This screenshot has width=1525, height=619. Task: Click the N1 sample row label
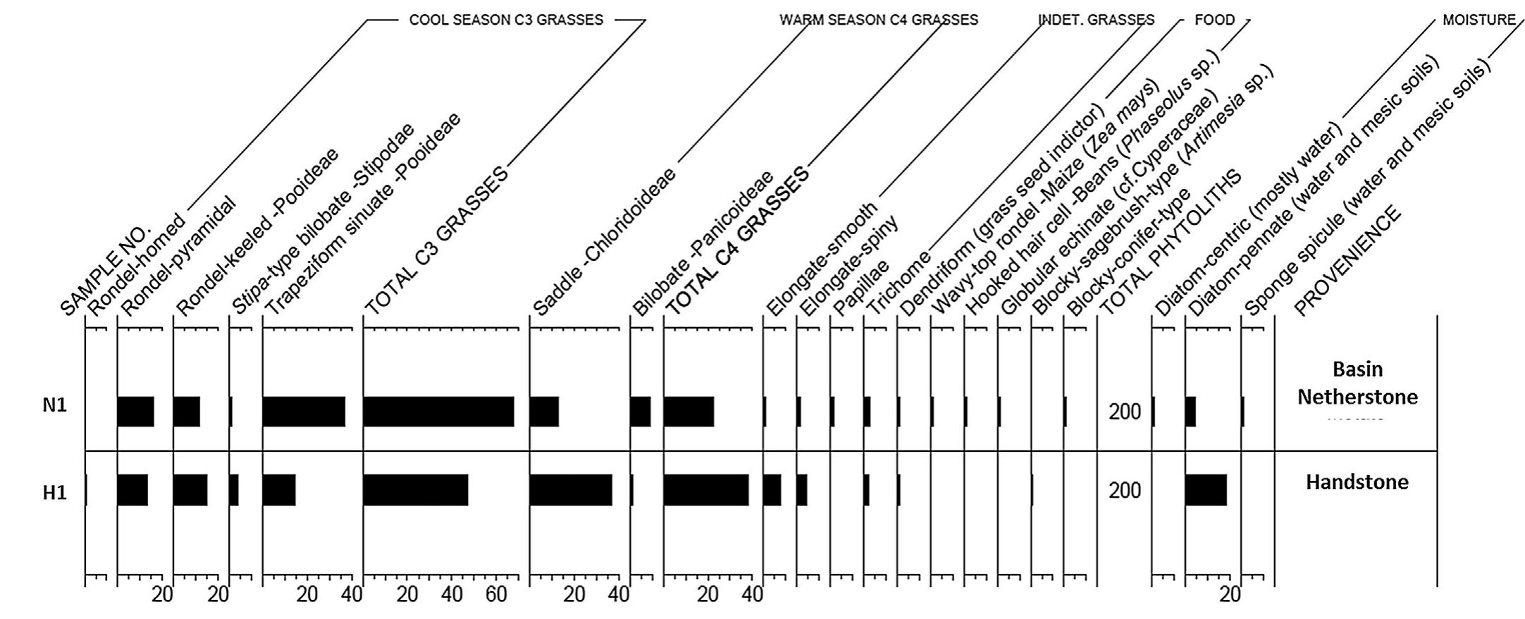(54, 406)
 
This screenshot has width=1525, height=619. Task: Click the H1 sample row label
(54, 492)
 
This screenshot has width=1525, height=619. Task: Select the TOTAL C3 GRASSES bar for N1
(438, 412)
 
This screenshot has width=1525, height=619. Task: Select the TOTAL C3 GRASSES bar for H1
(416, 490)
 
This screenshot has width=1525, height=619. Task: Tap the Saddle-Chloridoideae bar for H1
(570, 490)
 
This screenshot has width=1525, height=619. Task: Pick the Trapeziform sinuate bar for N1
(304, 412)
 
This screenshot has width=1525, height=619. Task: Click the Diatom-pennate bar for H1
(1206, 490)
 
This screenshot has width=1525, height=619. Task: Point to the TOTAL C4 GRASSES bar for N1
(689, 412)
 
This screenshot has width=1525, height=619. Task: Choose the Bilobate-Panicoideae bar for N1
(640, 412)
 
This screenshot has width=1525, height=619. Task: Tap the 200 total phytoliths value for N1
(1124, 412)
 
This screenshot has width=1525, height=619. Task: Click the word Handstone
(1357, 482)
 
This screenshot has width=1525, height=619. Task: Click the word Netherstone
(1357, 397)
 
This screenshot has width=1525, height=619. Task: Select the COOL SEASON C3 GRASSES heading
(506, 20)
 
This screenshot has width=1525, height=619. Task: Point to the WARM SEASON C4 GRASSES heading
(878, 20)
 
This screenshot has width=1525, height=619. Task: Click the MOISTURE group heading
(1478, 20)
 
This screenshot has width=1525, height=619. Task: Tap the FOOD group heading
(1214, 20)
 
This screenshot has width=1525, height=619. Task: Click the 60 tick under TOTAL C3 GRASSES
(496, 595)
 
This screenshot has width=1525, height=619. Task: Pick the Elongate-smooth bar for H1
(772, 490)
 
